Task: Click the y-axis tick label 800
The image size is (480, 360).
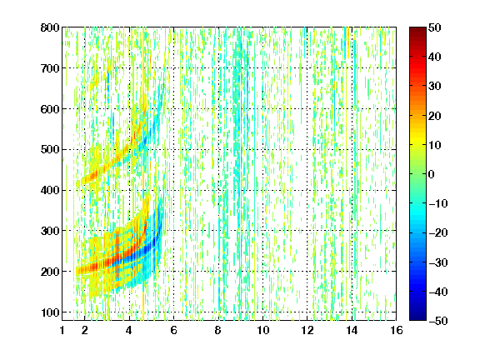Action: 50,27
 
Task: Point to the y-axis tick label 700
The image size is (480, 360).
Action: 50,68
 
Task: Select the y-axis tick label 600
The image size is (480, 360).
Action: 50,109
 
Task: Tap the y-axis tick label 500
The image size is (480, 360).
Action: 50,150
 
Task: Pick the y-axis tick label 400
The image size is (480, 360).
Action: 50,190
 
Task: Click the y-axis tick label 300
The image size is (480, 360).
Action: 50,231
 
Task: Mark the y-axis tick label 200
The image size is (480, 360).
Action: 50,272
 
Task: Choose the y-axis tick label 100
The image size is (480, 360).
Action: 50,312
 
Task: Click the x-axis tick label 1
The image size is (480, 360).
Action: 62,330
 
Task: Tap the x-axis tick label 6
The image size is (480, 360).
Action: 173,330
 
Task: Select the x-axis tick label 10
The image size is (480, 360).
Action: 262,330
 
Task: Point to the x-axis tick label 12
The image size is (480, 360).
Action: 307,330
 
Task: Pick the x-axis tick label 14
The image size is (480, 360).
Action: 352,330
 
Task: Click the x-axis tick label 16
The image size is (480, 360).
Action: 397,330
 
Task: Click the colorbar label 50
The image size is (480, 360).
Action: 435,27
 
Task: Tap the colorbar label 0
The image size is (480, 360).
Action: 432,174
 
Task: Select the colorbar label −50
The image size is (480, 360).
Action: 438,321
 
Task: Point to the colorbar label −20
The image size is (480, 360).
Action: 438,233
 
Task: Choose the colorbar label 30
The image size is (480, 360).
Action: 435,87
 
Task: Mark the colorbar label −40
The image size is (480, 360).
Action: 438,292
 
